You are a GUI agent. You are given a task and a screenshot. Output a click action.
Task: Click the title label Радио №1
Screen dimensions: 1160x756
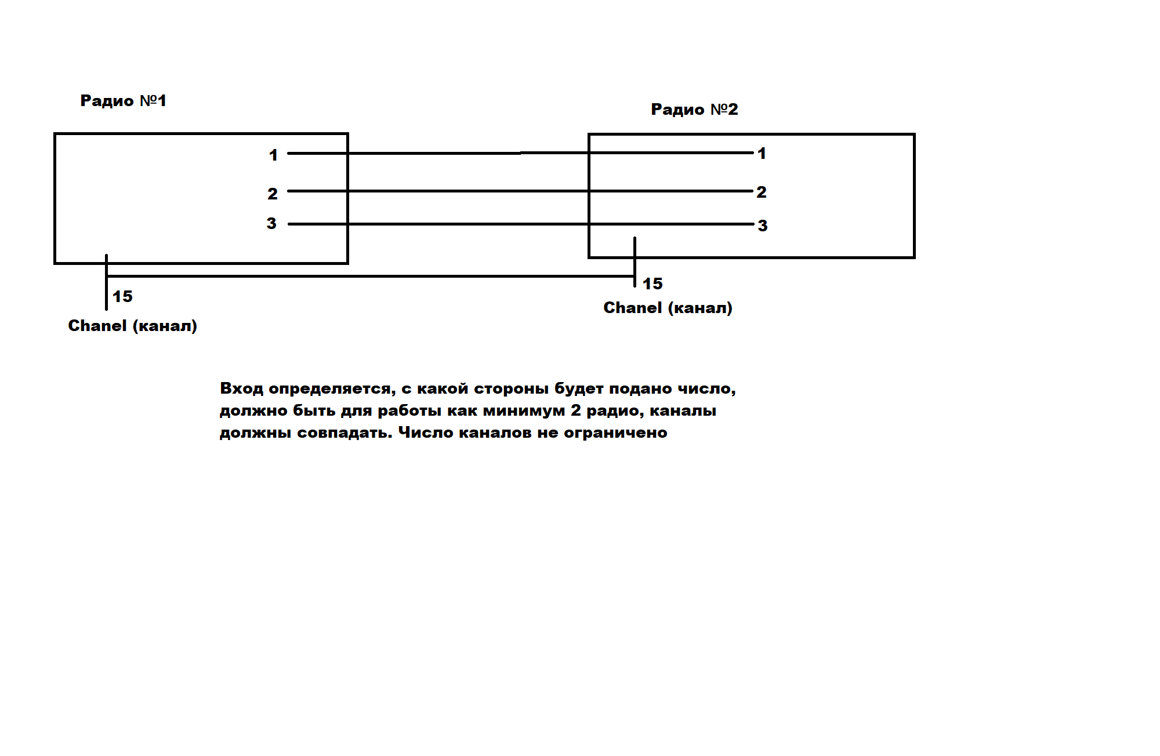point(123,101)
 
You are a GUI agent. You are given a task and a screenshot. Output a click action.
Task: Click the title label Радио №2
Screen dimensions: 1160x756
point(694,110)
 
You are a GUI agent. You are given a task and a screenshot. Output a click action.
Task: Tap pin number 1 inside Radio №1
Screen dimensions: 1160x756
point(273,155)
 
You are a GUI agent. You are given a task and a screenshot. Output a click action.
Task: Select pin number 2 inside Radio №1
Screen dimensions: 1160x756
point(273,194)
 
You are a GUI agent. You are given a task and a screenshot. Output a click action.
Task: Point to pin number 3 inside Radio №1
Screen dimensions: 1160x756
point(271,224)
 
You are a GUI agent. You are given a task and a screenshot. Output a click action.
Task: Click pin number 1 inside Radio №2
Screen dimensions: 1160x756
point(762,154)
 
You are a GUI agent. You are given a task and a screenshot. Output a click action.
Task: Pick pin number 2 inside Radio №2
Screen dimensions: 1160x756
point(762,192)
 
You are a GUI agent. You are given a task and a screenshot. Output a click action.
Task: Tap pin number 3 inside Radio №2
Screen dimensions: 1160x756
point(763,226)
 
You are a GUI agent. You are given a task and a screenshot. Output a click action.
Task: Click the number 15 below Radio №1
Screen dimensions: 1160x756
point(122,297)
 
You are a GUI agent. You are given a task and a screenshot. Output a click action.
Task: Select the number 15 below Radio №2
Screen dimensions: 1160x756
point(652,284)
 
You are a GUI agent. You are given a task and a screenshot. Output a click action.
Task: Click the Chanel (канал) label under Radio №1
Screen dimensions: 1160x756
point(132,326)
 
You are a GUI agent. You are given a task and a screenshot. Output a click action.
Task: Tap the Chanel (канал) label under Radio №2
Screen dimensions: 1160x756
point(668,308)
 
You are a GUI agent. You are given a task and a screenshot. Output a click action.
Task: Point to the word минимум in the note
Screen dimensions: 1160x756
point(524,411)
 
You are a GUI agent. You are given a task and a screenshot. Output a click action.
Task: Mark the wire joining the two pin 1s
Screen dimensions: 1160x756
point(464,153)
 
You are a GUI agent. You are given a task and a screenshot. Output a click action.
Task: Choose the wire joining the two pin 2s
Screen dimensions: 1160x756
point(464,191)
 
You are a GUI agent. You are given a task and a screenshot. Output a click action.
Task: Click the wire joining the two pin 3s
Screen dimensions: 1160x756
point(464,224)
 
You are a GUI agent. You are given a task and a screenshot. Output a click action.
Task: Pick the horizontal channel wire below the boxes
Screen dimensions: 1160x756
point(371,276)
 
